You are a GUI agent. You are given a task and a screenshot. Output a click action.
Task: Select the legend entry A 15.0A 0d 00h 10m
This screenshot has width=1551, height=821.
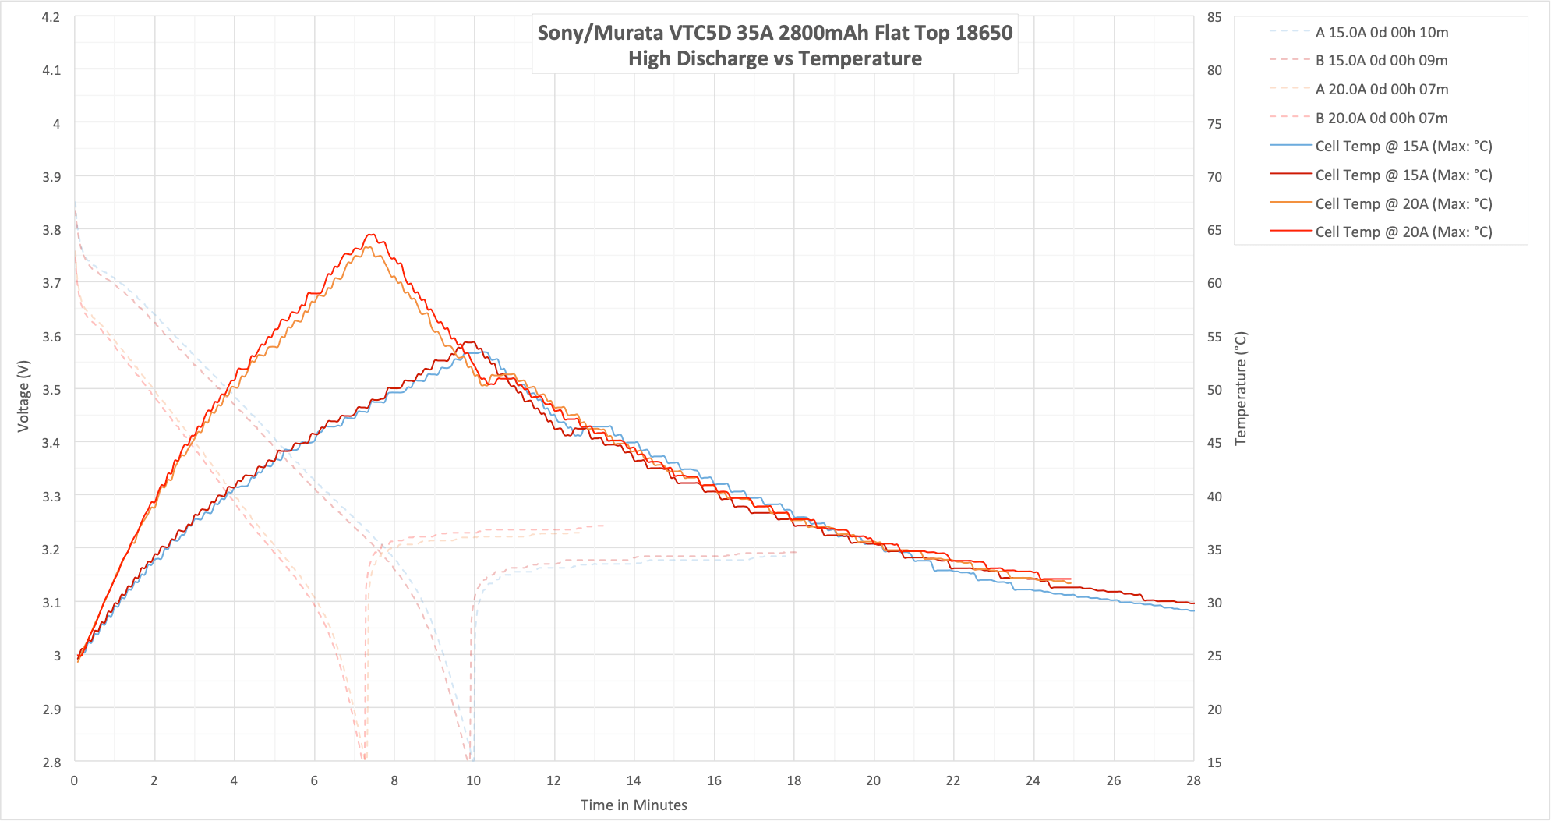coord(1381,33)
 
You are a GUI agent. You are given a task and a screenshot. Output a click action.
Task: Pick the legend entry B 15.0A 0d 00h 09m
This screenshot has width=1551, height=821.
coord(1381,61)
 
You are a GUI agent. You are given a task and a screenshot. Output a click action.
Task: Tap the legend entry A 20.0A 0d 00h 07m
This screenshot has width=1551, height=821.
coord(1381,90)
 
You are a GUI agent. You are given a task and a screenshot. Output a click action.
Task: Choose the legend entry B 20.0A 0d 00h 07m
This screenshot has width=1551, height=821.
coord(1381,119)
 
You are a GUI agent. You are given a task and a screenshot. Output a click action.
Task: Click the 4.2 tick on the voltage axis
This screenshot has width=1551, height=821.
coord(51,17)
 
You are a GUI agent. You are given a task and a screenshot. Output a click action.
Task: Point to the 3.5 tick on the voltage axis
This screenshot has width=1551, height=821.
coord(51,389)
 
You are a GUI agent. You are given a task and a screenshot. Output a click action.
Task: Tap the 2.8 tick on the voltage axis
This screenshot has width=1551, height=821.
coord(51,762)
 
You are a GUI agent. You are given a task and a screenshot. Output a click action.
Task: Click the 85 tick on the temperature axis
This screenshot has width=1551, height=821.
coord(1214,17)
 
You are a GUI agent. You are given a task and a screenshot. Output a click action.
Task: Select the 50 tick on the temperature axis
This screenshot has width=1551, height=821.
coord(1214,390)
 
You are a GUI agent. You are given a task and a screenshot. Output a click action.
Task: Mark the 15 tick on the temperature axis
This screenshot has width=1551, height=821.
coord(1214,762)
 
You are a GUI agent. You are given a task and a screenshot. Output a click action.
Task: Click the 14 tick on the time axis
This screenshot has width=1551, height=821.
coord(634,780)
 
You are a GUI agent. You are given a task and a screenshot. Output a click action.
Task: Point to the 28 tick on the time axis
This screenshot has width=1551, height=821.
coord(1193,780)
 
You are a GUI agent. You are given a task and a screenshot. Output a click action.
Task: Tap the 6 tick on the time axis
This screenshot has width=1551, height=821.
coord(314,780)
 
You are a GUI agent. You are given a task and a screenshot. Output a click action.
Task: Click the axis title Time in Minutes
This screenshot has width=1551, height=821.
coord(634,805)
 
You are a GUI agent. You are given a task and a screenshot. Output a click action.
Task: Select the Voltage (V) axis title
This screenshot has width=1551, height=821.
coord(23,395)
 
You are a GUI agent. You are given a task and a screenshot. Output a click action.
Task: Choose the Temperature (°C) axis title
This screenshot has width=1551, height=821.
coord(1241,388)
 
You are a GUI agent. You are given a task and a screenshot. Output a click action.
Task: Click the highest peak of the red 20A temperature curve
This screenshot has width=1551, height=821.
coord(371,235)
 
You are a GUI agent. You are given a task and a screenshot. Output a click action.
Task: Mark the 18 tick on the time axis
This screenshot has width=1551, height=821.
coord(793,780)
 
